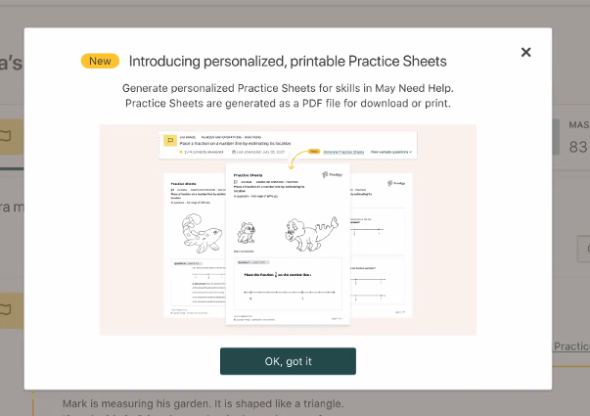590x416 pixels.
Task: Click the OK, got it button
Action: (x=288, y=361)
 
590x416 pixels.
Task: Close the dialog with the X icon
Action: (x=525, y=53)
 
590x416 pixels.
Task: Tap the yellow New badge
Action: (x=100, y=61)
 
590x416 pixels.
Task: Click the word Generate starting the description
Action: (x=151, y=88)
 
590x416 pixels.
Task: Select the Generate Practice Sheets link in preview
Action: (x=344, y=153)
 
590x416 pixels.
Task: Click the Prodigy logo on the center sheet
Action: (x=332, y=174)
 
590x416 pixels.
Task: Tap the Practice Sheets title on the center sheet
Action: (x=249, y=174)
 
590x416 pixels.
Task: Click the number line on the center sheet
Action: (x=288, y=293)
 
